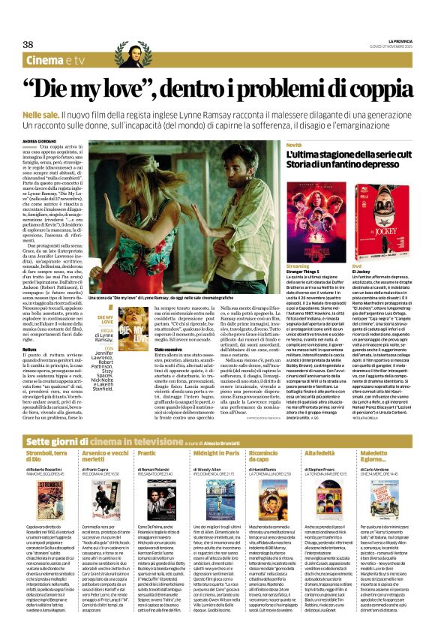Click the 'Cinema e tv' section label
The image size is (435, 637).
tap(55, 60)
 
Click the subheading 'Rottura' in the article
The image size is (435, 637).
tap(31, 328)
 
